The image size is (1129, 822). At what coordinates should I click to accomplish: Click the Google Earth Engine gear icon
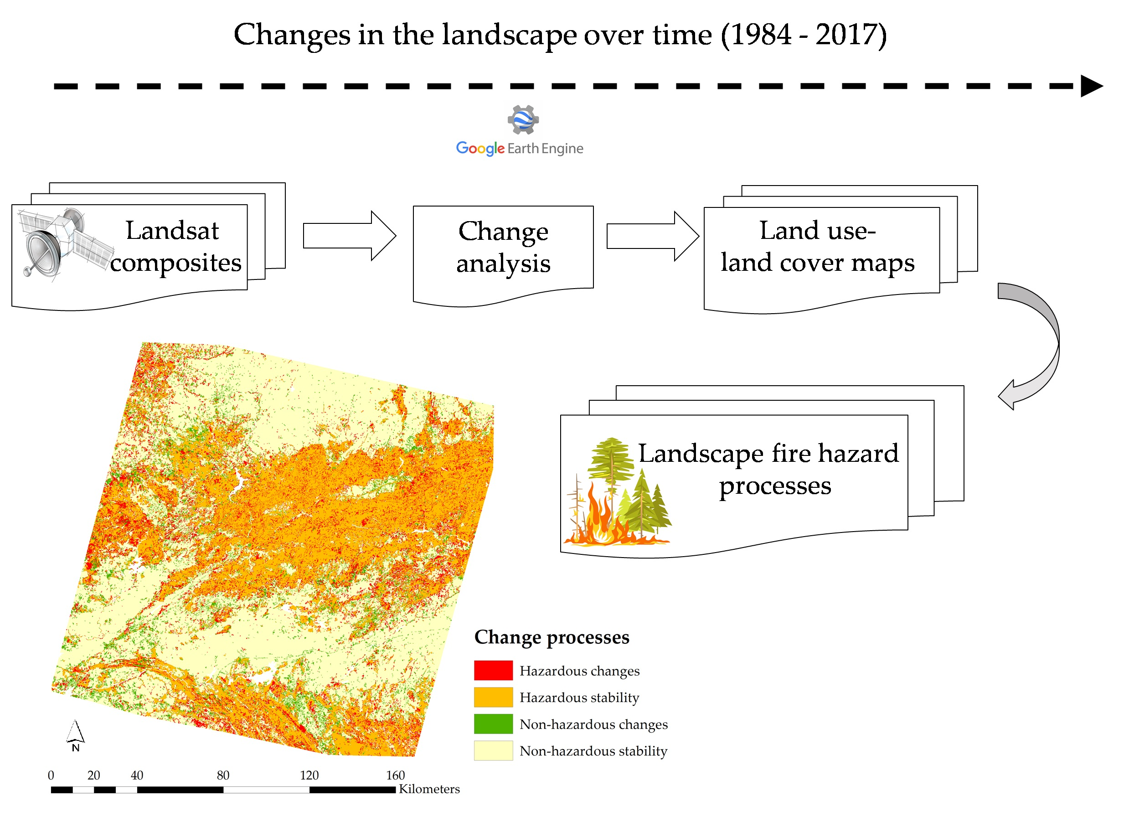[x=523, y=119]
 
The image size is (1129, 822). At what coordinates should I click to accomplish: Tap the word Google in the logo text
[x=480, y=148]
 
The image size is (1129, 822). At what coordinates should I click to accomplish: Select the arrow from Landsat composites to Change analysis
[x=350, y=236]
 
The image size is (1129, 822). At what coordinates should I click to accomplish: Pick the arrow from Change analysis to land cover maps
[x=653, y=236]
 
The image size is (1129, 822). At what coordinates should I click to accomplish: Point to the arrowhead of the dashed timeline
[x=1092, y=86]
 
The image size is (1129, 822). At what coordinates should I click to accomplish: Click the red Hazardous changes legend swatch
[x=493, y=671]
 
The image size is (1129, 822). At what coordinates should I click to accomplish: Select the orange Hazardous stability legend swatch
[x=493, y=698]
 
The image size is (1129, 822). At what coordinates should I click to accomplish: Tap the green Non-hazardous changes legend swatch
[x=493, y=724]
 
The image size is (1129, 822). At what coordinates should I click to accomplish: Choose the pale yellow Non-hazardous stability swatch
[x=493, y=751]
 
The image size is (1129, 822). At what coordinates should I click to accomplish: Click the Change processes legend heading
[x=552, y=638]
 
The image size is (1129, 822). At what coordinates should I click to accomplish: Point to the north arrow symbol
[x=76, y=735]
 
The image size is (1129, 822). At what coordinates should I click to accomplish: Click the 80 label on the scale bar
[x=223, y=775]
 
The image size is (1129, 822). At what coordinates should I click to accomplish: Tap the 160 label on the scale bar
[x=396, y=775]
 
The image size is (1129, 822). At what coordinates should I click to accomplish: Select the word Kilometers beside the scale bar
[x=429, y=789]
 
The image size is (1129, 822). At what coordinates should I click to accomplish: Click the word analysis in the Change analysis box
[x=503, y=264]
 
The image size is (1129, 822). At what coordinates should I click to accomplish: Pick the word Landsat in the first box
[x=172, y=231]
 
